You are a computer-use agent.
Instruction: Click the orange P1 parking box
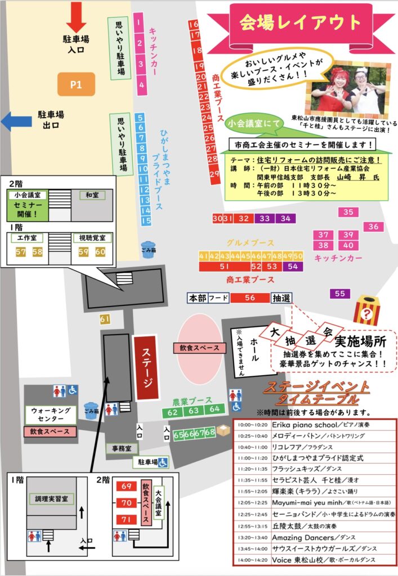[76, 84]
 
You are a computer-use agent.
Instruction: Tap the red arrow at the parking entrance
[76, 18]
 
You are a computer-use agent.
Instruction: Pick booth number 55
[339, 294]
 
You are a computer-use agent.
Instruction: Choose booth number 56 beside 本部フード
[250, 298]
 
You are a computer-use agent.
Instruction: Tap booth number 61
[104, 319]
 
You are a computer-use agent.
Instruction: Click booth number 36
[373, 227]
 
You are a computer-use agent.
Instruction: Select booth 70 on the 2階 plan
[126, 502]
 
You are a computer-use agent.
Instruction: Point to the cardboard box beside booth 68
[224, 431]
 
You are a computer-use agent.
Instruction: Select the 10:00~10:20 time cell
[252, 424]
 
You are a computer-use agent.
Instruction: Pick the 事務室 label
[122, 448]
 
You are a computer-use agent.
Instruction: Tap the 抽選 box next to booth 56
[281, 298]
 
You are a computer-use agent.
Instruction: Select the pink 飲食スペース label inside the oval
[196, 348]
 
